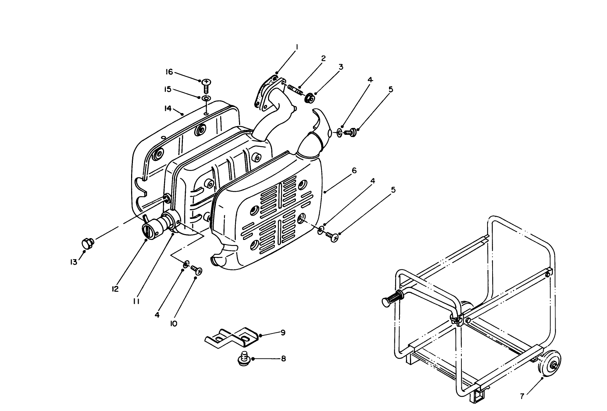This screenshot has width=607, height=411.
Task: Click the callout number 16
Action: pyautogui.click(x=169, y=72)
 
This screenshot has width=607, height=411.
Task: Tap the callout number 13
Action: pyautogui.click(x=74, y=262)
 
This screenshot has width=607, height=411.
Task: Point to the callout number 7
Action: pyautogui.click(x=522, y=397)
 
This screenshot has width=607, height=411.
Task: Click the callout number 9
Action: pyautogui.click(x=283, y=332)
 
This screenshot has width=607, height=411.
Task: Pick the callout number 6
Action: pyautogui.click(x=354, y=170)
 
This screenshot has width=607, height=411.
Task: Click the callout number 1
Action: pyautogui.click(x=297, y=47)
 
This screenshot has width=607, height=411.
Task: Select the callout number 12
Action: pyautogui.click(x=115, y=289)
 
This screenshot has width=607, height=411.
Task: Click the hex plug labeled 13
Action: pyautogui.click(x=87, y=242)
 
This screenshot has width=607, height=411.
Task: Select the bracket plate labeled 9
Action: pyautogui.click(x=232, y=337)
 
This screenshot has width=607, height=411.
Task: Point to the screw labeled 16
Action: pyautogui.click(x=206, y=86)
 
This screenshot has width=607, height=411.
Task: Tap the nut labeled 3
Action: pyautogui.click(x=309, y=98)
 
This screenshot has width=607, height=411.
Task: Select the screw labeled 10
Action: pyautogui.click(x=196, y=269)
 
